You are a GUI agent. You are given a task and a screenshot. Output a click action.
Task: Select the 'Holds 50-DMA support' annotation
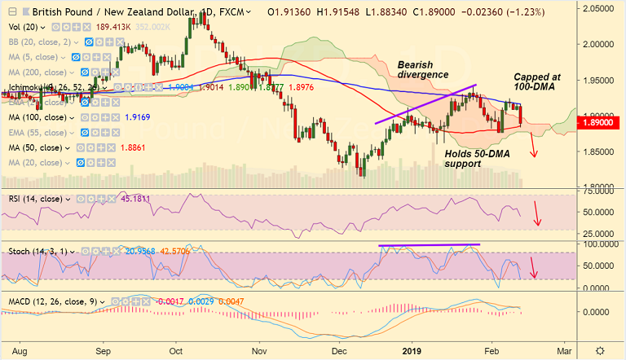pos(474,158)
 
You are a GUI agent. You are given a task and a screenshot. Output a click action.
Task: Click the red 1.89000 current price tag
pos(599,122)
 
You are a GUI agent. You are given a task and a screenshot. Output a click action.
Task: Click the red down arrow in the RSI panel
pos(536,214)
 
